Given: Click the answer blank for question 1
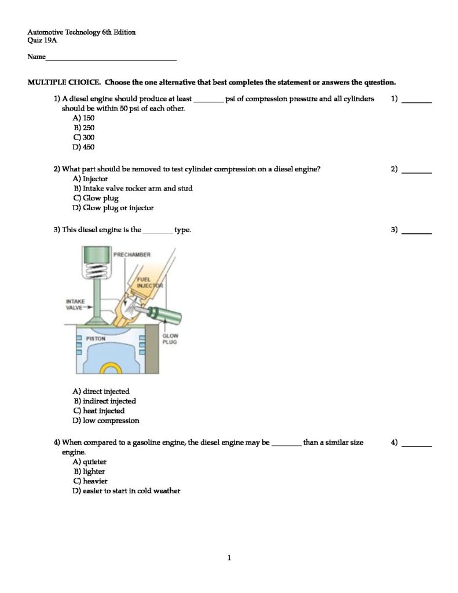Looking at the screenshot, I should (417, 101).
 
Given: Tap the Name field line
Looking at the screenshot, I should (111, 59).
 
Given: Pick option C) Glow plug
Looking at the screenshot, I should (96, 198).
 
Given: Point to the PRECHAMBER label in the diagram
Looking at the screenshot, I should (132, 254).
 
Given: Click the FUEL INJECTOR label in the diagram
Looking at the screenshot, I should (149, 282).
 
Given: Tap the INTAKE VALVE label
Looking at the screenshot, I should (75, 305).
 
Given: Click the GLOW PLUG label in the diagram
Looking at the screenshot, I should (170, 339).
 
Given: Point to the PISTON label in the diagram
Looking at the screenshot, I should (96, 338).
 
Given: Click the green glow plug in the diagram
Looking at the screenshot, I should (165, 316).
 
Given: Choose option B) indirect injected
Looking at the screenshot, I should (104, 401).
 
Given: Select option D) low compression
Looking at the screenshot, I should (106, 420).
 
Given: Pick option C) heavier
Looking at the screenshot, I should (90, 481).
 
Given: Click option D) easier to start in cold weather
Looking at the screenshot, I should (126, 490).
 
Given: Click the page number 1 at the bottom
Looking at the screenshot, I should (229, 558).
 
